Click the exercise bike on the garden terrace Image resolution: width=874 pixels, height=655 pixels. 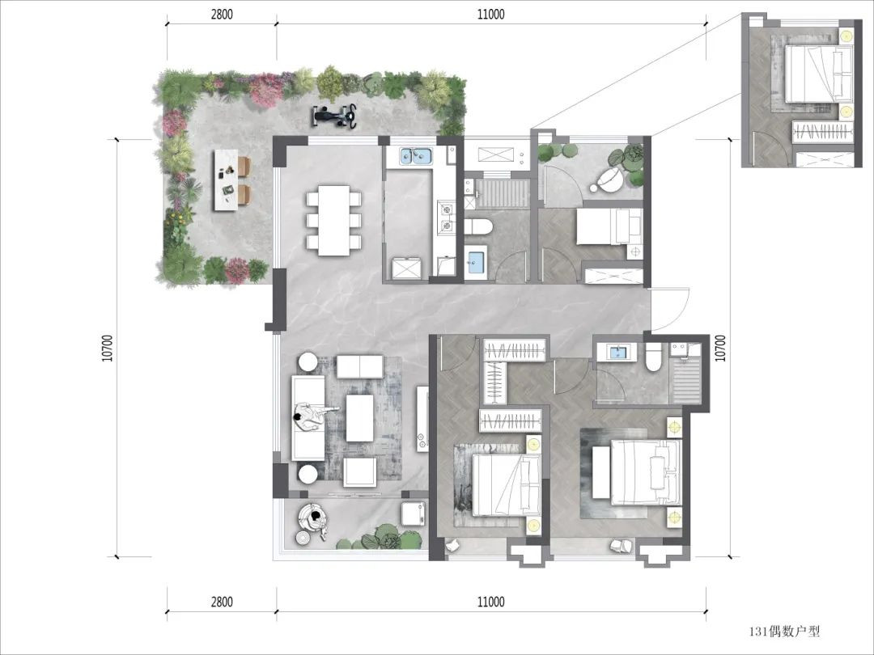pos(334,116)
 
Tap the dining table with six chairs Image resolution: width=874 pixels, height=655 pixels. pos(334,221)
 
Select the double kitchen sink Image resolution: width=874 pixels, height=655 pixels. pos(416,157)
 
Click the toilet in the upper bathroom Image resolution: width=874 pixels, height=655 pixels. pos(478,227)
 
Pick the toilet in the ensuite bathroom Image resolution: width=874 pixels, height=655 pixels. pos(653,357)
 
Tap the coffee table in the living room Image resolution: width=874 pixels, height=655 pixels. pos(359,418)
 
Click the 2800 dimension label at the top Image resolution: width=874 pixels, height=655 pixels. pos(222,15)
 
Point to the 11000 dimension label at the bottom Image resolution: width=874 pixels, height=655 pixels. pos(491,602)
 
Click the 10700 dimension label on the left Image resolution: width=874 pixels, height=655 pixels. pos(108,348)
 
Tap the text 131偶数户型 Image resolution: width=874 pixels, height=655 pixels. pos(784,631)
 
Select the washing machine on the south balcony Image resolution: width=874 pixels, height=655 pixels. pos(414,513)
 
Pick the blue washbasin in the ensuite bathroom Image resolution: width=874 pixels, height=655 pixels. pos(617,353)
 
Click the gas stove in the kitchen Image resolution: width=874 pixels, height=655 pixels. pos(445,218)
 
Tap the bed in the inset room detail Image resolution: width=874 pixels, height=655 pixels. pos(819,74)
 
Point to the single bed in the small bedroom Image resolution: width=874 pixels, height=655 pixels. pos(609,226)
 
